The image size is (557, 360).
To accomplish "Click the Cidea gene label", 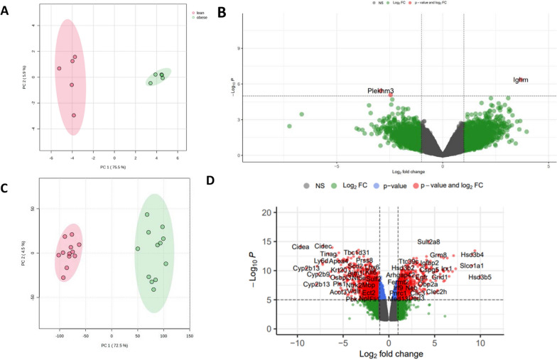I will coord(301,247).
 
